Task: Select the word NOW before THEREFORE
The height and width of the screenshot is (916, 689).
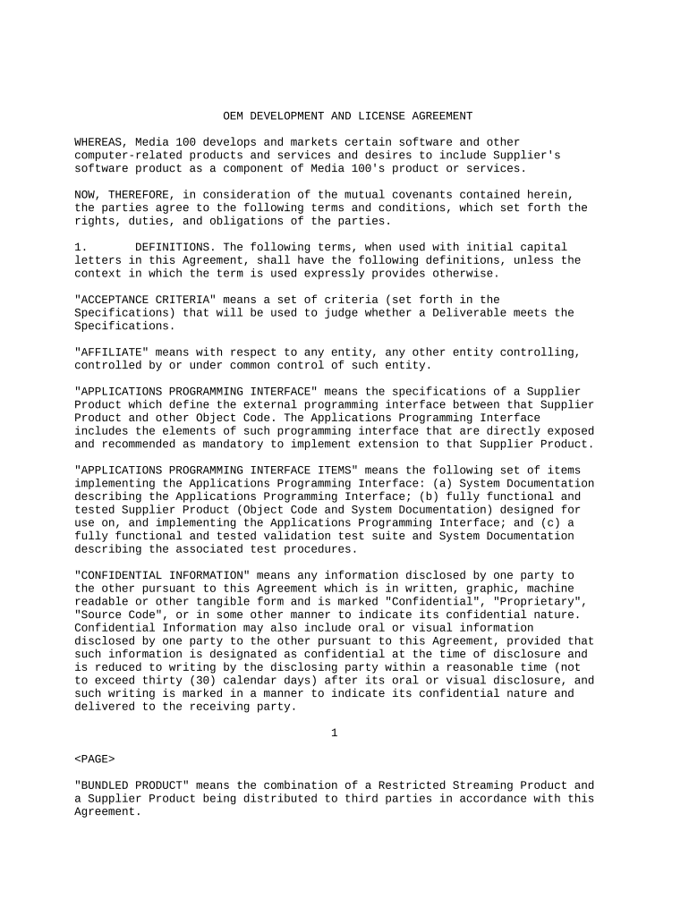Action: pyautogui.click(x=85, y=195)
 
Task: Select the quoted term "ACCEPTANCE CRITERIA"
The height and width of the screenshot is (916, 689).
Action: pyautogui.click(x=145, y=300)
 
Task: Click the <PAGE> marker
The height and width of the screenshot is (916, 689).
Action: pyautogui.click(x=95, y=759)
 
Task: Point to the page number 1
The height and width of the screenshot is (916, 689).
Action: pyautogui.click(x=334, y=734)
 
